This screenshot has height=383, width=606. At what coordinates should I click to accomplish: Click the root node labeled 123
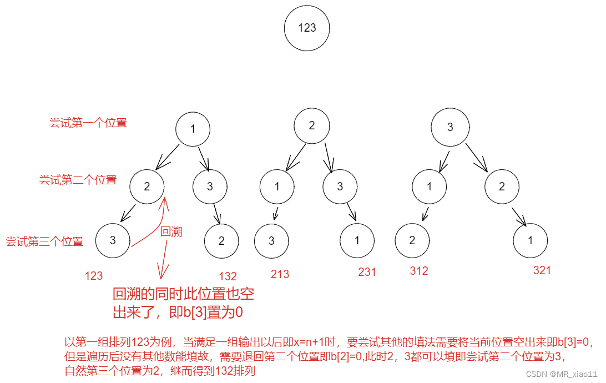click(x=307, y=28)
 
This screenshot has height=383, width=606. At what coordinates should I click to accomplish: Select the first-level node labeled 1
click(x=193, y=129)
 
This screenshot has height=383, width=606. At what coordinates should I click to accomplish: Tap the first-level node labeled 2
click(x=311, y=125)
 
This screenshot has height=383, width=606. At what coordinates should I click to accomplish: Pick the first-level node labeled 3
click(x=450, y=127)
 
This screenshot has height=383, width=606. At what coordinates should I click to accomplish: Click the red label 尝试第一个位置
click(x=88, y=123)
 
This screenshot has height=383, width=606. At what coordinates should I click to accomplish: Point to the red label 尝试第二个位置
click(x=78, y=180)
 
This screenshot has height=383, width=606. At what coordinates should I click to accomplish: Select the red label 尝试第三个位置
click(x=44, y=241)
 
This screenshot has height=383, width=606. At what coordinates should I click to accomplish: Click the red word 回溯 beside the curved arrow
click(x=171, y=232)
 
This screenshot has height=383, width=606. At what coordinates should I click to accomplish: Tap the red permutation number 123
click(x=93, y=275)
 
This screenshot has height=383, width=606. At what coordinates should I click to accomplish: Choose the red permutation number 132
click(x=228, y=276)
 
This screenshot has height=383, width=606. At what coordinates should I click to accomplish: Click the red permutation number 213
click(x=280, y=274)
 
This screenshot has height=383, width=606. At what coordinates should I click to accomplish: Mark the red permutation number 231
click(x=367, y=272)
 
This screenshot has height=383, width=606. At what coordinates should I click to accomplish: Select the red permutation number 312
click(x=419, y=271)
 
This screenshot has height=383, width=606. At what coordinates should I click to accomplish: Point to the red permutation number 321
click(x=542, y=270)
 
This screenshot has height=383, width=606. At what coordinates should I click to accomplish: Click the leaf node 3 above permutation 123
click(x=113, y=240)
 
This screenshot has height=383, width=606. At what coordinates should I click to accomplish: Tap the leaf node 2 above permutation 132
click(x=221, y=240)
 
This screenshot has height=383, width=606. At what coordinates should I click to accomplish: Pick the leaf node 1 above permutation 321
click(x=530, y=240)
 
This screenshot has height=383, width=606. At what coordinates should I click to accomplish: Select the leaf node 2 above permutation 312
click(x=412, y=240)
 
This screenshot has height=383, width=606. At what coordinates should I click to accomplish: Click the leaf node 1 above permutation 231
click(x=357, y=240)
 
